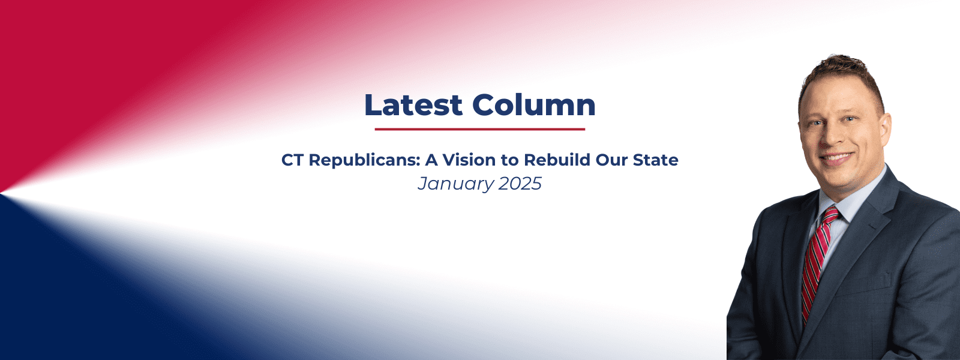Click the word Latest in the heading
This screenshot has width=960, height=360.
[x=413, y=104]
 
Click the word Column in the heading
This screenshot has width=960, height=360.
[x=534, y=104]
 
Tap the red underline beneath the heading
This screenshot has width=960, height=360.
[x=480, y=129]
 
